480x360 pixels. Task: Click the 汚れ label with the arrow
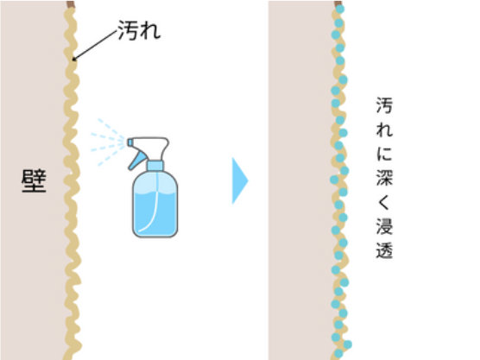[x=139, y=30]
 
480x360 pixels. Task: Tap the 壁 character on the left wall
[x=34, y=180]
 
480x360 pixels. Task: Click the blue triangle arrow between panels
[x=240, y=180]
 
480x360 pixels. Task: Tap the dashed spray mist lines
[x=108, y=142]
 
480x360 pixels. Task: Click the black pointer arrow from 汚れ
[x=95, y=45]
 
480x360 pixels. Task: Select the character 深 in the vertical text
[x=384, y=177]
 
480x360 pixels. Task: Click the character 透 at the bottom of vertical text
[x=384, y=250]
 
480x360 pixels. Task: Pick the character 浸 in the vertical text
[x=384, y=226]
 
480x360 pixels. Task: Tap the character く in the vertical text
[x=383, y=202]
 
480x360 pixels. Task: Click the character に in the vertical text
[x=384, y=153]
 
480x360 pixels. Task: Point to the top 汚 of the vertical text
[x=384, y=105]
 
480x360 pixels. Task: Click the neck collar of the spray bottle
[x=155, y=166]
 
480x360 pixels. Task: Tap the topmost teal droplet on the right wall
[x=340, y=9]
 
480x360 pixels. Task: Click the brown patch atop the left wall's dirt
[x=71, y=4]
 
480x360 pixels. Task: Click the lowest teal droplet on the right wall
[x=338, y=354]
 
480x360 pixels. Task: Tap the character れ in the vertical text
[x=384, y=129]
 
